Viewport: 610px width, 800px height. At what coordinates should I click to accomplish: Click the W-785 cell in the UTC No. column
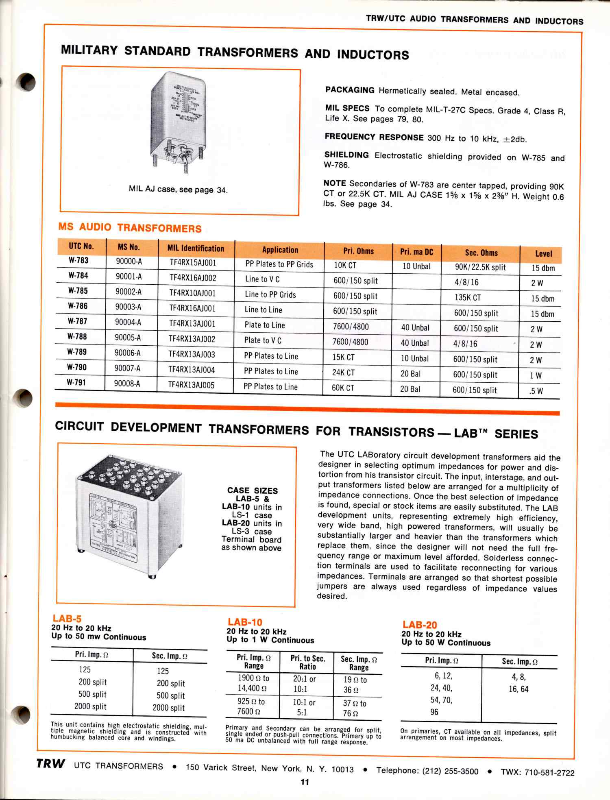(x=78, y=291)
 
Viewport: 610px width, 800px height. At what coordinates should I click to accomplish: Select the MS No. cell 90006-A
(x=127, y=353)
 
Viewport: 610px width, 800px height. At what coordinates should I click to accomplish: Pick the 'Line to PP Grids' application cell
(x=270, y=294)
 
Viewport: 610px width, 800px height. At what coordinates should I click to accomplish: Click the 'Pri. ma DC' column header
(x=416, y=252)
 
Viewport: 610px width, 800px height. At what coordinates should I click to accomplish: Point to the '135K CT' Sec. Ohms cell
(x=468, y=298)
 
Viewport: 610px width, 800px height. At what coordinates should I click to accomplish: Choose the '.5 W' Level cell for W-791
(x=536, y=391)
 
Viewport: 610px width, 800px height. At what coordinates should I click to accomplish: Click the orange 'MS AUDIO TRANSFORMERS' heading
(x=130, y=227)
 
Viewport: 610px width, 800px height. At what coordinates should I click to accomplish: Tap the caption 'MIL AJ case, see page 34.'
(x=178, y=190)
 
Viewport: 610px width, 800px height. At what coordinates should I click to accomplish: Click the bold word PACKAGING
(x=350, y=90)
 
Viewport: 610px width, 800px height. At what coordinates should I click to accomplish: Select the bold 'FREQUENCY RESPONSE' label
(x=374, y=137)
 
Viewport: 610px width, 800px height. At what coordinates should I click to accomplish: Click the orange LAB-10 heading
(x=245, y=622)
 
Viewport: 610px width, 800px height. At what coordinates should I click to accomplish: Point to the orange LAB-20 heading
(x=420, y=625)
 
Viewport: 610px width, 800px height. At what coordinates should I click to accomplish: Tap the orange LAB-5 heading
(x=67, y=619)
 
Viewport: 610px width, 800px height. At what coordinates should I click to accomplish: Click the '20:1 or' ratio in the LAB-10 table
(x=304, y=679)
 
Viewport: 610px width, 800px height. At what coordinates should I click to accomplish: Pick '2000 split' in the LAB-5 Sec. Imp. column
(x=168, y=708)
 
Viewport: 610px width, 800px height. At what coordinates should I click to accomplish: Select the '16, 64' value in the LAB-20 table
(x=518, y=689)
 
